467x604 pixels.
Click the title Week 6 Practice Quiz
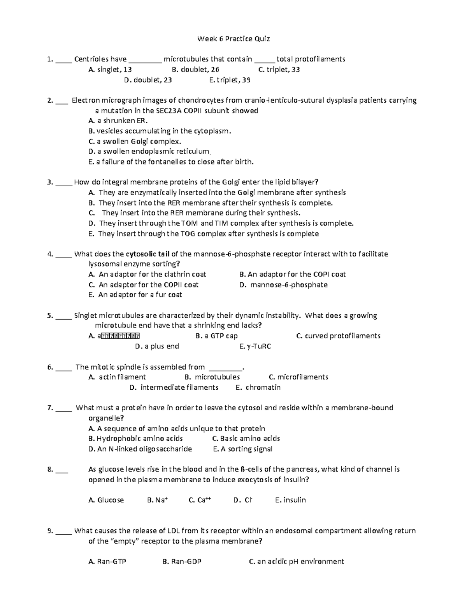pyautogui.click(x=233, y=39)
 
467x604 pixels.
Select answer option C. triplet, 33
pyautogui.click(x=279, y=70)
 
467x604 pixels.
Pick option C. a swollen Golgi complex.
pyautogui.click(x=135, y=141)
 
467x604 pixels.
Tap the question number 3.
pyautogui.click(x=49, y=182)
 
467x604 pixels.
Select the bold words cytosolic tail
pyautogui.click(x=147, y=254)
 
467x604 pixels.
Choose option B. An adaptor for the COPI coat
pyautogui.click(x=292, y=274)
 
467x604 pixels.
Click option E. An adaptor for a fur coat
pyautogui.click(x=135, y=295)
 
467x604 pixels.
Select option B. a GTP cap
pyautogui.click(x=216, y=336)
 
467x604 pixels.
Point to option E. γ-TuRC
pyautogui.click(x=255, y=346)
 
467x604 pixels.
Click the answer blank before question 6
pyautogui.click(x=63, y=367)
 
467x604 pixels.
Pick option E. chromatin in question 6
pyautogui.click(x=258, y=387)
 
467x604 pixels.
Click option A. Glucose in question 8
pyautogui.click(x=106, y=500)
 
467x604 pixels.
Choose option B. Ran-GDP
pyautogui.click(x=182, y=562)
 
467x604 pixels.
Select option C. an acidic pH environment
pyautogui.click(x=296, y=562)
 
